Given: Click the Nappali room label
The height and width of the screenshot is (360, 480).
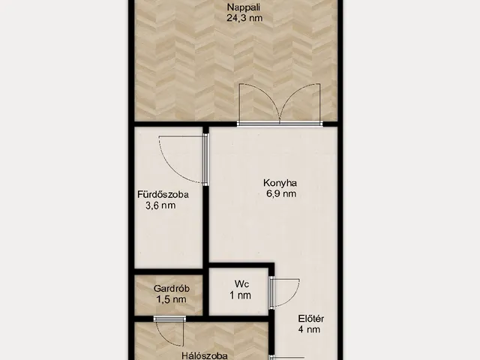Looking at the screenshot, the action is [244, 7].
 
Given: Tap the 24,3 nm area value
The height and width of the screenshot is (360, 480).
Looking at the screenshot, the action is [244, 18].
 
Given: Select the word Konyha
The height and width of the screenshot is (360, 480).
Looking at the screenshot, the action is [280, 183].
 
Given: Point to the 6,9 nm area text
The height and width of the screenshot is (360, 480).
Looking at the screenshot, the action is [281, 193].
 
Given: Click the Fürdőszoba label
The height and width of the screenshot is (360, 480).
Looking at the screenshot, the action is [163, 194].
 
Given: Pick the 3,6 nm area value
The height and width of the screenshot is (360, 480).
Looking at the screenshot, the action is [160, 205].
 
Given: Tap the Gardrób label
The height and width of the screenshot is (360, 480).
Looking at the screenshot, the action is [172, 288].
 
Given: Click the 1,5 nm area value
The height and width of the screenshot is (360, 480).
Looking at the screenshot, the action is [171, 299].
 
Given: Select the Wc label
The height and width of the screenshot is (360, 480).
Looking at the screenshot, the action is [241, 284].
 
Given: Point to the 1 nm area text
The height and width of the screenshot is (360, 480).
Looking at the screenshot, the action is [240, 295].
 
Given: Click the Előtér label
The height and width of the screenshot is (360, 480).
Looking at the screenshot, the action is [310, 319].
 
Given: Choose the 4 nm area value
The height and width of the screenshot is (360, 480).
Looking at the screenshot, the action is [309, 329].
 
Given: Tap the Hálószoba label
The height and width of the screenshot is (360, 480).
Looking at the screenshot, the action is [205, 355].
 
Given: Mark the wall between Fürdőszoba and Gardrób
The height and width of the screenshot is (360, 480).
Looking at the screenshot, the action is [169, 271].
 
